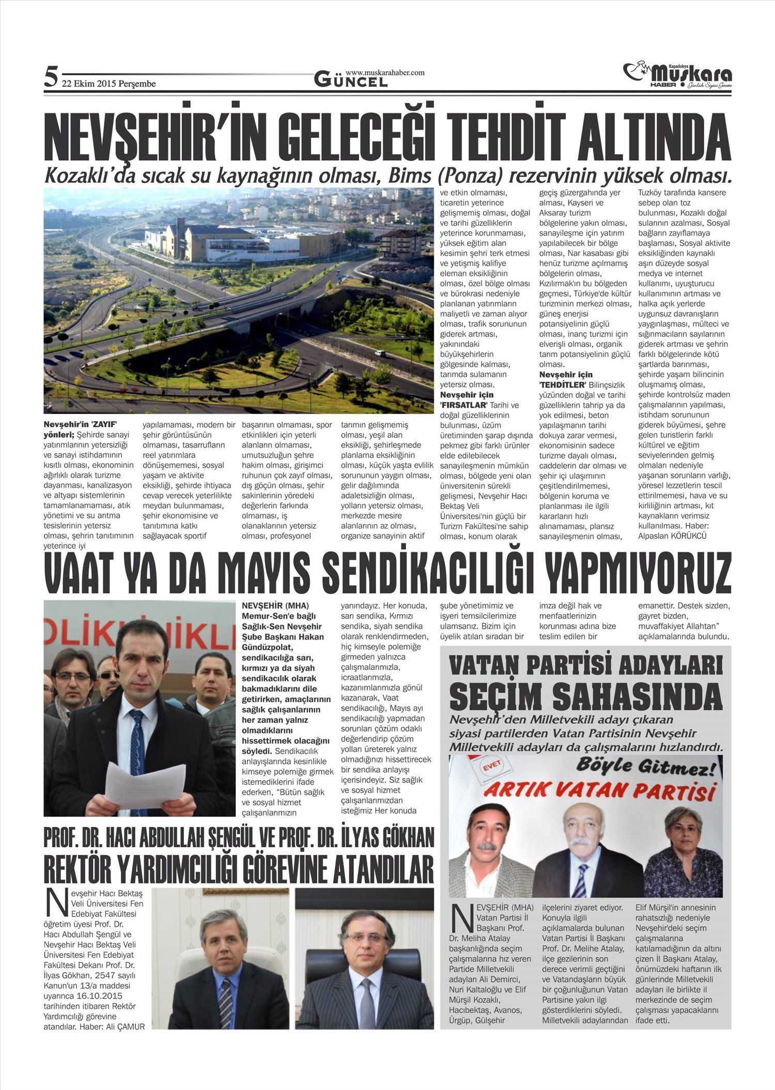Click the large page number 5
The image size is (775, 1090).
(51, 77)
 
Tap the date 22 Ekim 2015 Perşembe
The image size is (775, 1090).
(109, 84)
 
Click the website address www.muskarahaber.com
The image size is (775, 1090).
(384, 73)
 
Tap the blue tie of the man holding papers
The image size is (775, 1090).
(137, 744)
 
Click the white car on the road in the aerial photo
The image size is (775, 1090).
(380, 354)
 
